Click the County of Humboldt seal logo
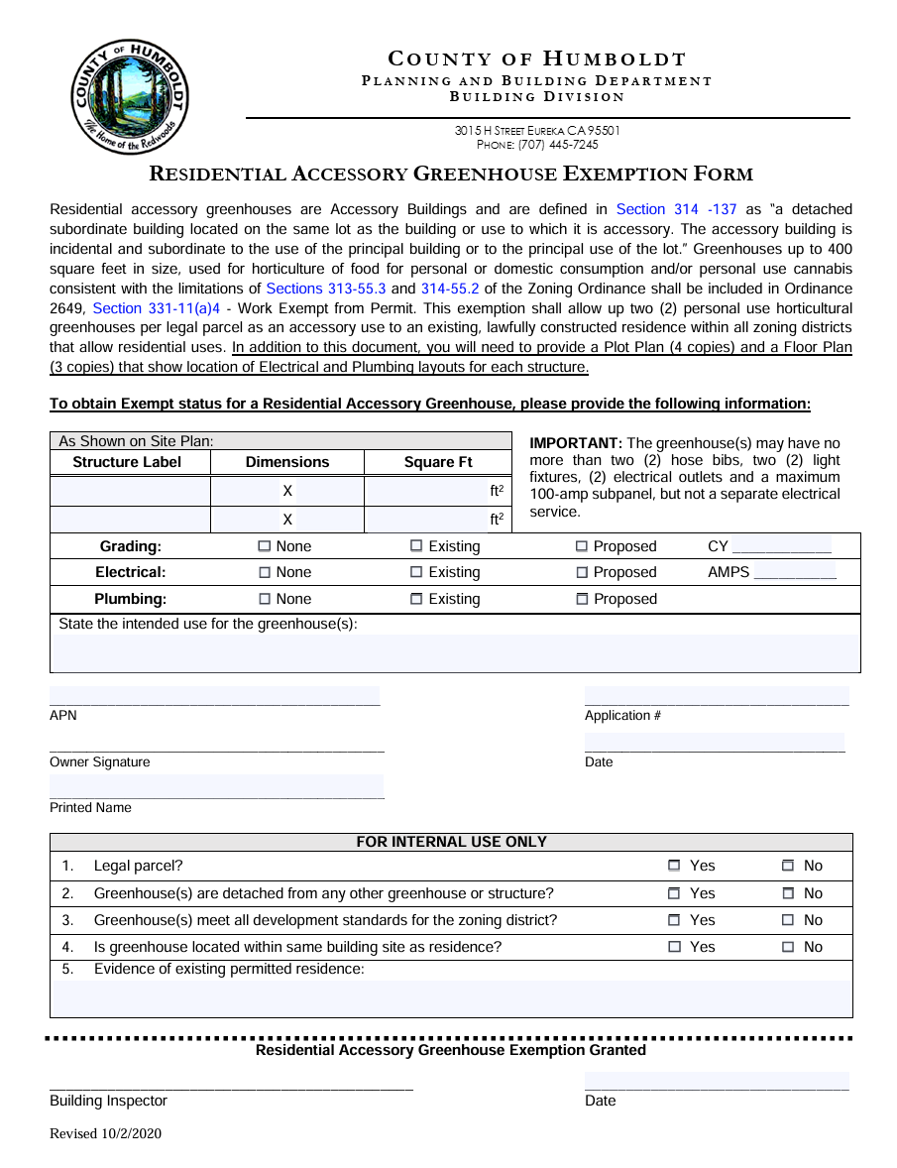(130, 97)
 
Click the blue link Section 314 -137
(676, 209)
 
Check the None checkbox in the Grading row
(265, 546)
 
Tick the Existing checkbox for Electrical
(416, 572)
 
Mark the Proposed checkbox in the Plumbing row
(582, 599)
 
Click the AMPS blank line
(794, 573)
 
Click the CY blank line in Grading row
(781, 547)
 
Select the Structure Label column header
(128, 462)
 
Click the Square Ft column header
(438, 462)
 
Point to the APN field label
(63, 715)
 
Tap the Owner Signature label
(100, 761)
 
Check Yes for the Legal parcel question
(674, 866)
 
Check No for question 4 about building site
(788, 947)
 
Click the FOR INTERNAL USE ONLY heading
(451, 842)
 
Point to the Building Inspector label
(109, 1101)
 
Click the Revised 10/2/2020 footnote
(106, 1134)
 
